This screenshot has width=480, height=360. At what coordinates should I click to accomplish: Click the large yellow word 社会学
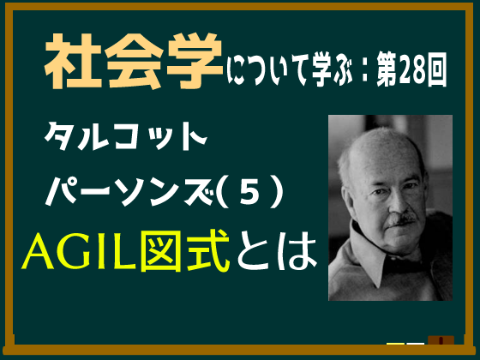(134, 61)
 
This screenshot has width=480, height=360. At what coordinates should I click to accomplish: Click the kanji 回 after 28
(437, 69)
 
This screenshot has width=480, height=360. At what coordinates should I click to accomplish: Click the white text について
(267, 70)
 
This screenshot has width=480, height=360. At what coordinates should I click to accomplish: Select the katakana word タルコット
(126, 136)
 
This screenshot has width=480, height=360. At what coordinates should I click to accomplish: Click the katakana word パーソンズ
(129, 192)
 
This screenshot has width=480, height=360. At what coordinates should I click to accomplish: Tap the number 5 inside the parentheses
(249, 193)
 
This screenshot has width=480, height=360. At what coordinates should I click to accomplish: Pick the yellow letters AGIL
(79, 251)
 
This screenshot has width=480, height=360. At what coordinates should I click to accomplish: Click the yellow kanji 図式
(185, 250)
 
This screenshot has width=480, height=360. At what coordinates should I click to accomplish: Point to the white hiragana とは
(277, 250)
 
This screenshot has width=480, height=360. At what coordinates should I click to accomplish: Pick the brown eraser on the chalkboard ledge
(441, 340)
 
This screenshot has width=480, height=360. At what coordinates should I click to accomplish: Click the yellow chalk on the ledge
(395, 344)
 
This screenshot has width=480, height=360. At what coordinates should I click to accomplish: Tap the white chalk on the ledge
(416, 344)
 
